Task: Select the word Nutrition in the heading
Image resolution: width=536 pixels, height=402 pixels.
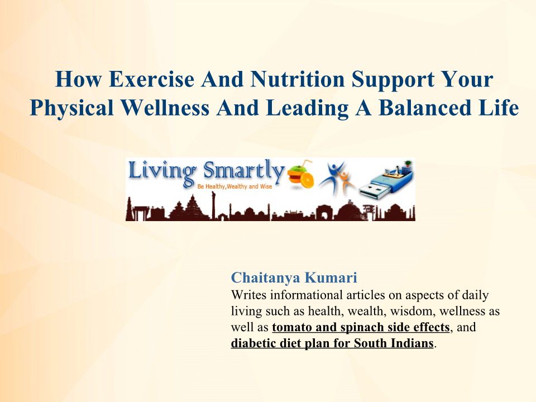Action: pyautogui.click(x=297, y=79)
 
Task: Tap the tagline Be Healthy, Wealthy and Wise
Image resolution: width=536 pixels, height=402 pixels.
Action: pyautogui.click(x=234, y=186)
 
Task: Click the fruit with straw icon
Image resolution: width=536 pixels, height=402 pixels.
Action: pyautogui.click(x=300, y=174)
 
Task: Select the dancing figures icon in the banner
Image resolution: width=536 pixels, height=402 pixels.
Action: pyautogui.click(x=337, y=177)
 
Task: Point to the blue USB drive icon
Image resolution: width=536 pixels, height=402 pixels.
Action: pyautogui.click(x=386, y=179)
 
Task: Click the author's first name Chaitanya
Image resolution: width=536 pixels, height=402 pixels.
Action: pyautogui.click(x=265, y=278)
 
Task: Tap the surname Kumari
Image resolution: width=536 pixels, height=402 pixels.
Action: pyautogui.click(x=331, y=277)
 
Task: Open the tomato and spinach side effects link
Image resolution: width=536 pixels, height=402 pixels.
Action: pyautogui.click(x=361, y=328)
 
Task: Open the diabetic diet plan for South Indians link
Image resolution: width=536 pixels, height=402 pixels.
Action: pyautogui.click(x=332, y=343)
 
